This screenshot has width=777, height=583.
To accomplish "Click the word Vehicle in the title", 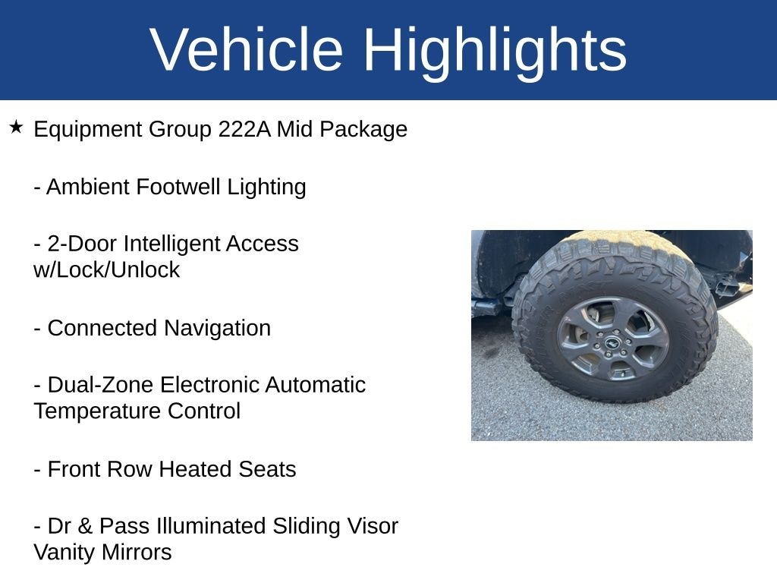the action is click(247, 49).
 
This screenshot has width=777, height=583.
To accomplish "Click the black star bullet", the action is click(16, 128).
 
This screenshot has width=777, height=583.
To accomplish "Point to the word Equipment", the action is click(87, 130).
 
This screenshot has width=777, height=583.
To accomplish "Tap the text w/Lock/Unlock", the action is click(106, 270).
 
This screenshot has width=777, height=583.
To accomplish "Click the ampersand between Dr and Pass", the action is click(85, 526).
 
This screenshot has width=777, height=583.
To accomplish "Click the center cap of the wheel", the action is click(612, 342).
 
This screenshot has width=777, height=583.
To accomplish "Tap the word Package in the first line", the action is click(363, 130).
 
